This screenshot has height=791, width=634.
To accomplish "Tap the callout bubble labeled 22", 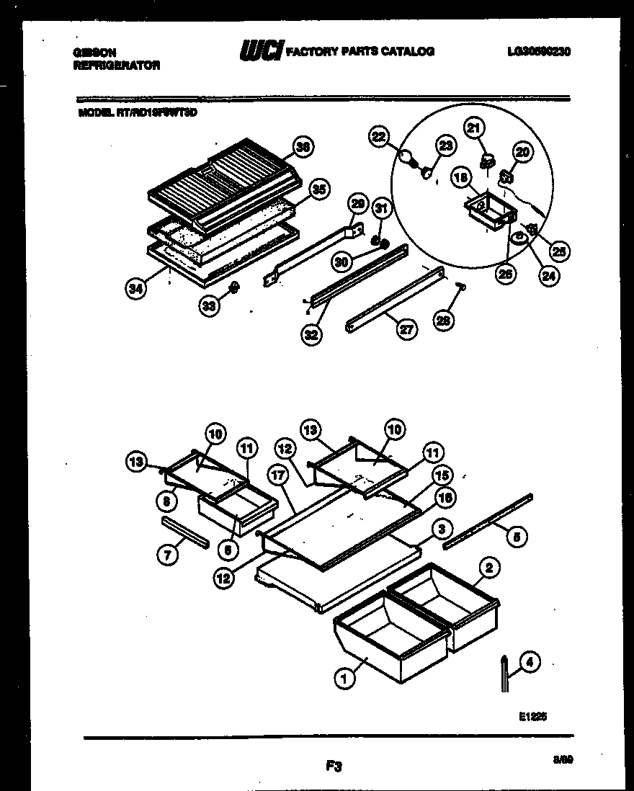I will (379, 135).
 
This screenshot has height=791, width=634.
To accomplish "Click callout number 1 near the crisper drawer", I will (344, 678).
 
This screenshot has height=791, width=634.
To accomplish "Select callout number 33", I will (210, 305).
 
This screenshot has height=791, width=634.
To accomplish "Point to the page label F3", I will (332, 767).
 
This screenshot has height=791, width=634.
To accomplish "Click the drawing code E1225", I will (532, 717).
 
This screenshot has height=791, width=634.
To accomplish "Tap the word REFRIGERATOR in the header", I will (117, 65).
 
